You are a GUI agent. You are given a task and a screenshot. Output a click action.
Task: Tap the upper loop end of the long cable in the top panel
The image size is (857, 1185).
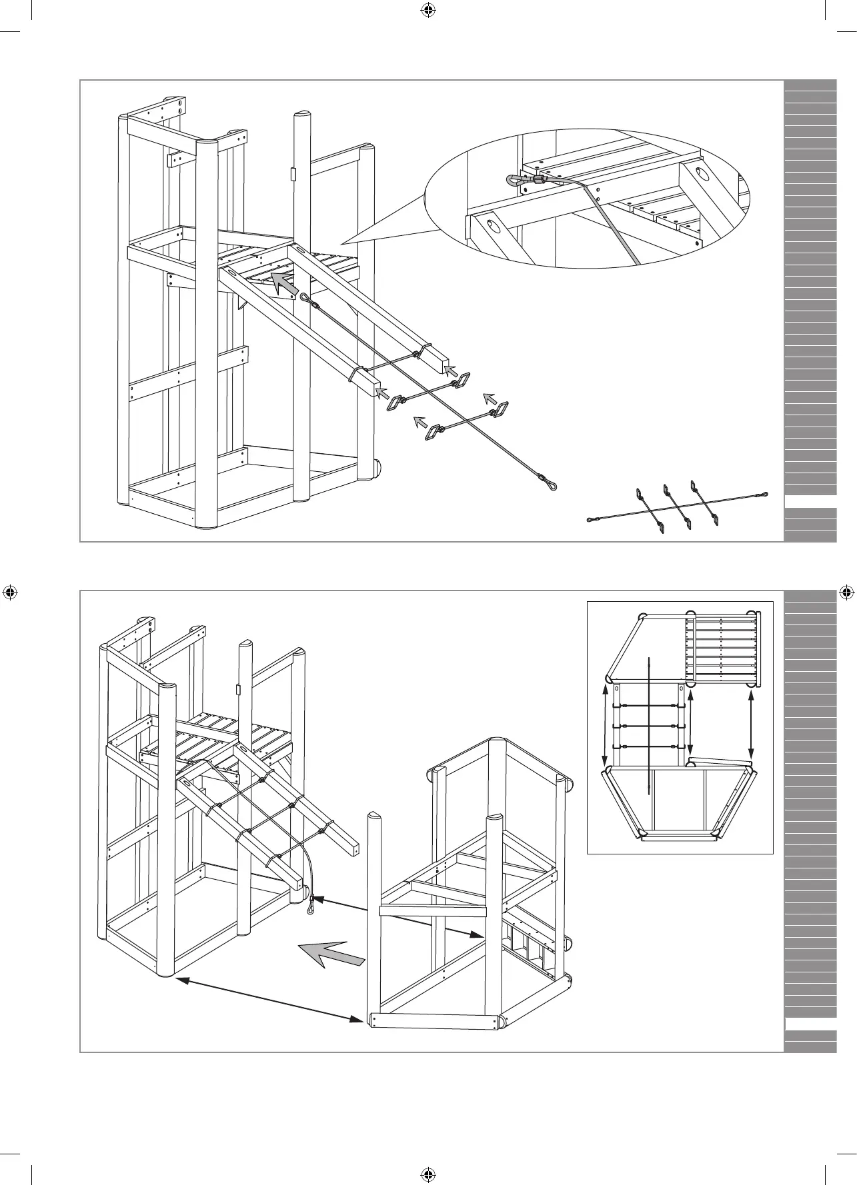click(x=305, y=299)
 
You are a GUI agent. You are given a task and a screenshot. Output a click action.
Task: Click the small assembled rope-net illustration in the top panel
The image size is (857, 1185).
click(x=678, y=507)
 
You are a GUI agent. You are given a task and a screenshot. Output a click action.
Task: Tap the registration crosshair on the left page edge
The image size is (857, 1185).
click(x=10, y=592)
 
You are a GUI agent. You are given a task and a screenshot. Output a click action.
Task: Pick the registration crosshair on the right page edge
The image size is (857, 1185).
click(x=846, y=592)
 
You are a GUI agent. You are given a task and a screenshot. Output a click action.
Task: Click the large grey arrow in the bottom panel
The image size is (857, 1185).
click(x=331, y=952)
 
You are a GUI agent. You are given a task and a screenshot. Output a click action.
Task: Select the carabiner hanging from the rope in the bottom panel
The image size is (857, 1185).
click(x=311, y=904)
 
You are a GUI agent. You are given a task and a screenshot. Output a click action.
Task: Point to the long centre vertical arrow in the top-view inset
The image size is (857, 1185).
click(x=648, y=724)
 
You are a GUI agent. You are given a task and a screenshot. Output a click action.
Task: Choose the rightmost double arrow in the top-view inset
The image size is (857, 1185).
click(x=752, y=723)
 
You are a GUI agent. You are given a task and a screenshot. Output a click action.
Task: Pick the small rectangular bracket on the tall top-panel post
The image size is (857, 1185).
click(x=292, y=174)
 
